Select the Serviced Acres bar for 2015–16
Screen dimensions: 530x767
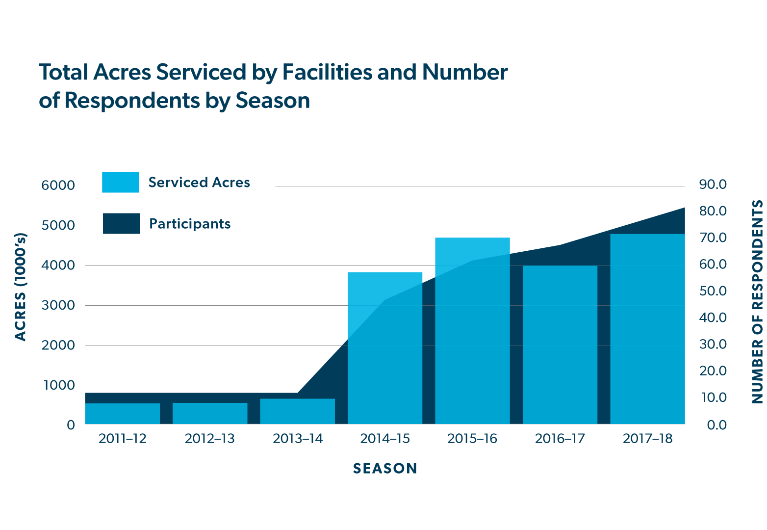pyautogui.click(x=472, y=331)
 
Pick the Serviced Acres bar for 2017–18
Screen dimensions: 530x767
pyautogui.click(x=647, y=329)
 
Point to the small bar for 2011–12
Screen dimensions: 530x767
pyautogui.click(x=122, y=414)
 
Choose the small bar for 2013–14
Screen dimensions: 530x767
pyautogui.click(x=297, y=411)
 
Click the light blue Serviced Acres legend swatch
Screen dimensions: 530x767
pyautogui.click(x=121, y=182)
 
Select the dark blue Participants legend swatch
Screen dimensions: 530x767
pyautogui.click(x=121, y=223)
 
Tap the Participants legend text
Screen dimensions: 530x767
pyautogui.click(x=190, y=224)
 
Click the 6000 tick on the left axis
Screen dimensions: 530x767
pyautogui.click(x=58, y=185)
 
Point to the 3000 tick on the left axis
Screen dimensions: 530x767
pyautogui.click(x=58, y=305)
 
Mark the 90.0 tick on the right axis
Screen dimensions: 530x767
pyautogui.click(x=713, y=185)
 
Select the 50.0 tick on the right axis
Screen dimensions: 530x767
pyautogui.click(x=713, y=291)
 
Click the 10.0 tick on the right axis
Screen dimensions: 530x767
pyautogui.click(x=713, y=397)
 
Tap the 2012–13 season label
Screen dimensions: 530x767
pyautogui.click(x=209, y=438)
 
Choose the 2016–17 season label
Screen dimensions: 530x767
pyautogui.click(x=560, y=438)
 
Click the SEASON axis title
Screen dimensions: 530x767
pyautogui.click(x=385, y=469)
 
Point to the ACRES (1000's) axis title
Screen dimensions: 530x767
pyautogui.click(x=21, y=287)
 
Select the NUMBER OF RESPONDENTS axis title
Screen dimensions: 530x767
pyautogui.click(x=758, y=302)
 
